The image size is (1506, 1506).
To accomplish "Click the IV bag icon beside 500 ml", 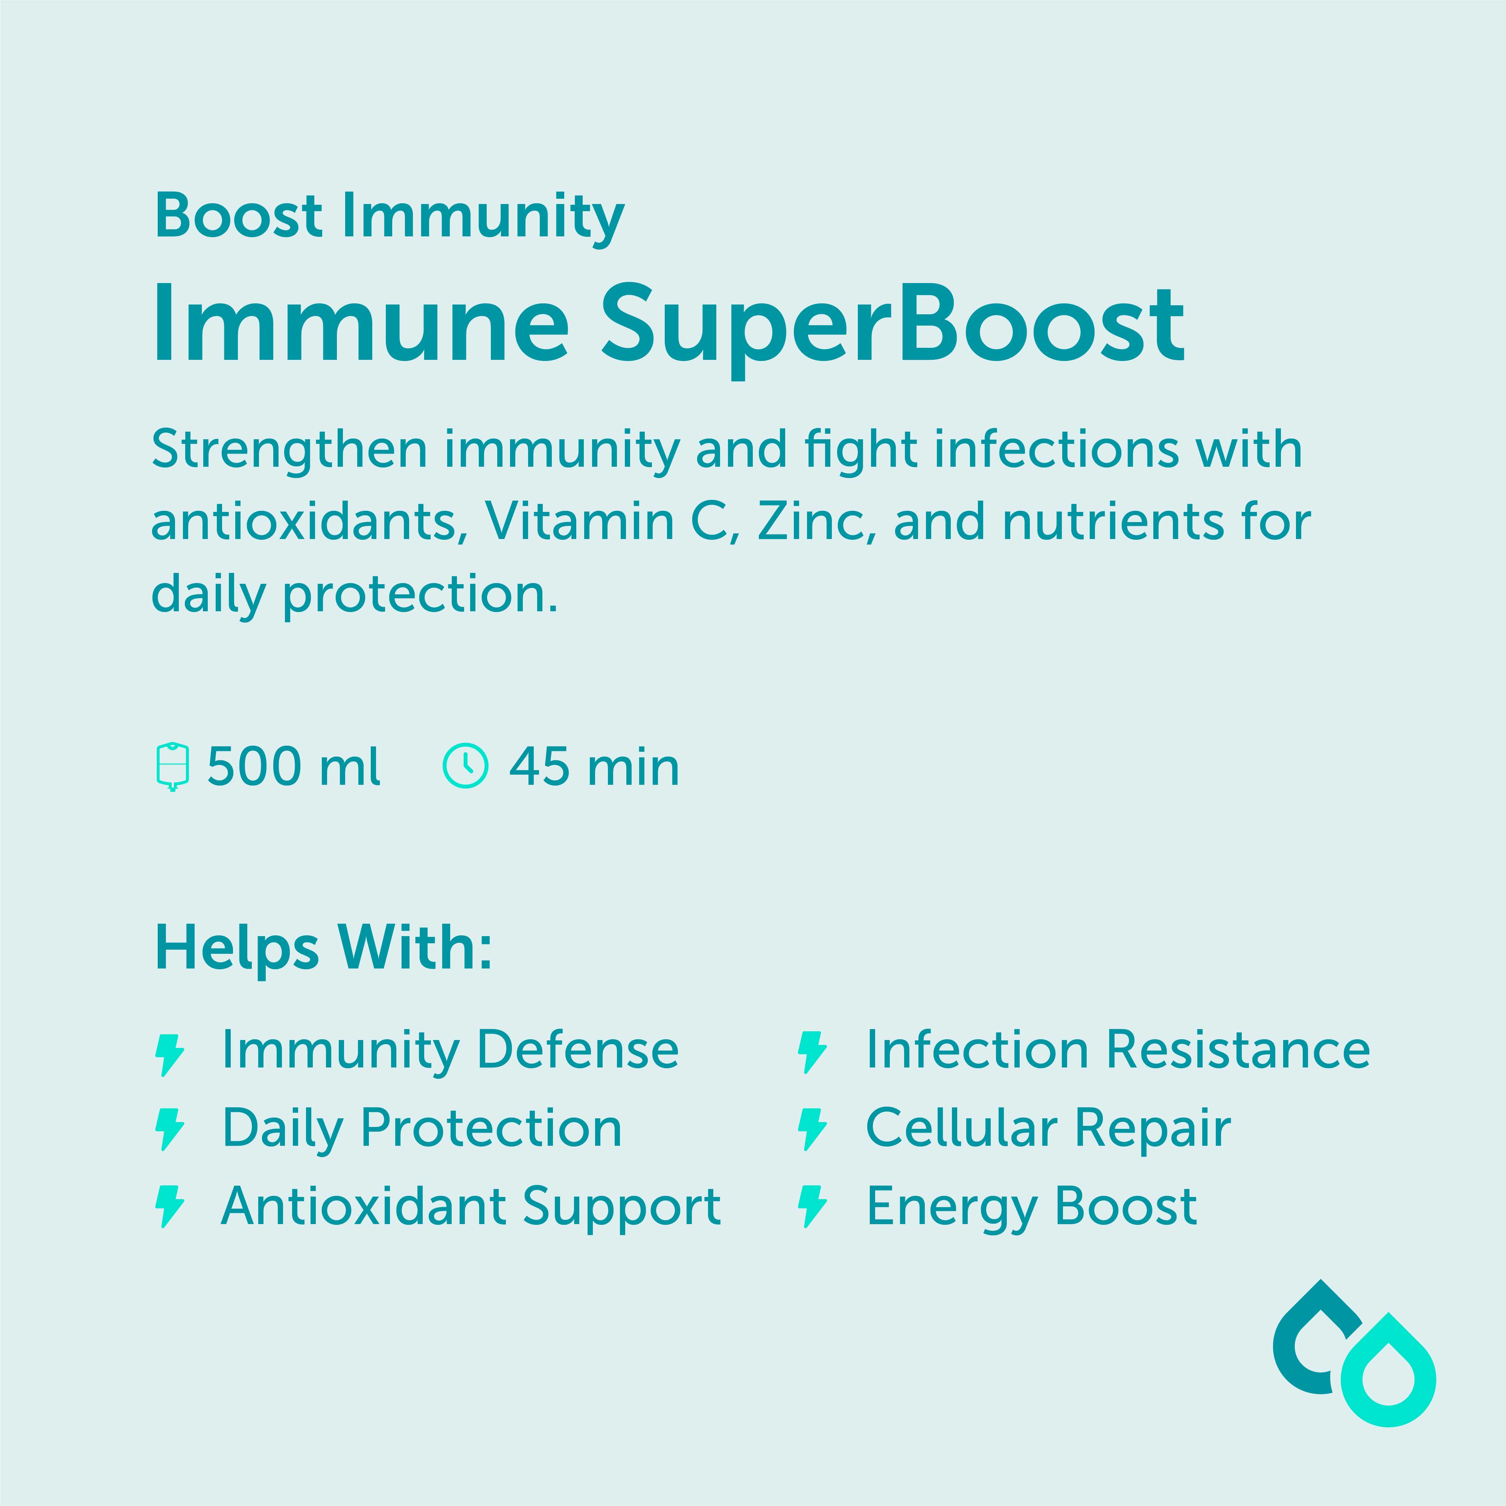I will pos(172,767).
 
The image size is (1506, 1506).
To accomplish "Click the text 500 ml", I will pos(293,767).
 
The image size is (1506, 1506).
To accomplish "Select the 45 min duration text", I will pos(594,767).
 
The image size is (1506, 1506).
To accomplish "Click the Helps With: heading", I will pos(323,949).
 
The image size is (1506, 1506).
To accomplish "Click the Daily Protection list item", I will pos(422,1128).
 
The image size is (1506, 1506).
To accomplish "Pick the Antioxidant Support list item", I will pos(471,1207).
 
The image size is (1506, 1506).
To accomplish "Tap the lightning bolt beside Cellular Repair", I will pos(812,1130).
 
